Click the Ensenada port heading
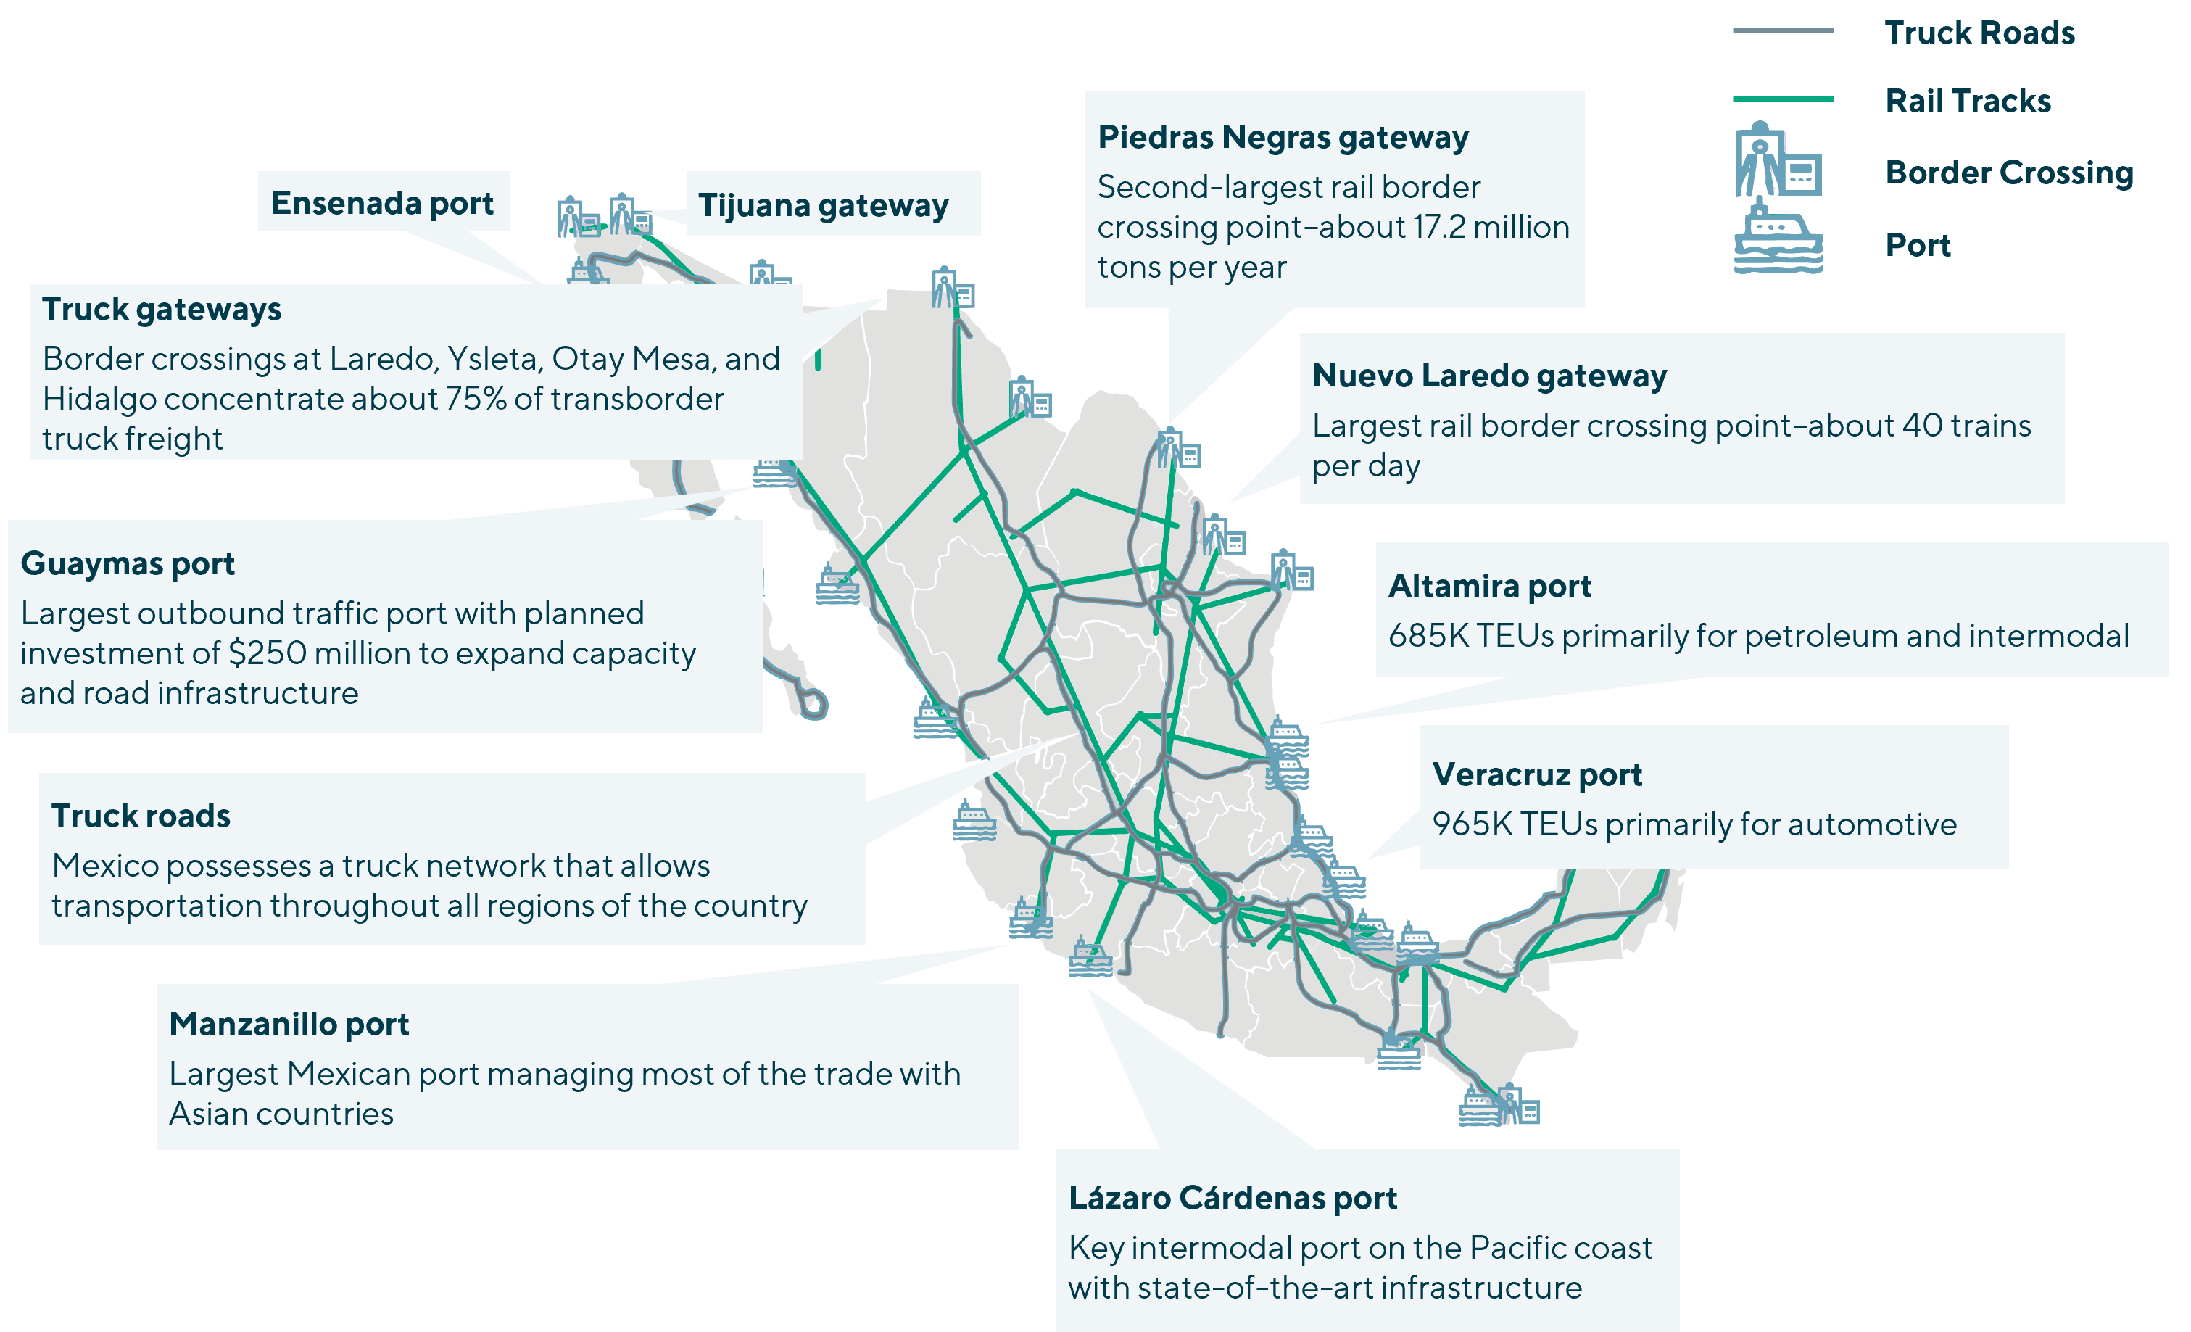(381, 203)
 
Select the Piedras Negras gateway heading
(1283, 138)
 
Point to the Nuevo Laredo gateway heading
(1489, 376)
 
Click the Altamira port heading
(1489, 587)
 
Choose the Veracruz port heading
(1536, 774)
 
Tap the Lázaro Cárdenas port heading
(1233, 1199)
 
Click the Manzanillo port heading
(289, 1025)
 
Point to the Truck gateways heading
(162, 310)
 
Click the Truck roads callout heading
(141, 816)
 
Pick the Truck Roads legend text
(1979, 33)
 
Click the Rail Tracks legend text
(1968, 102)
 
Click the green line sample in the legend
(1782, 99)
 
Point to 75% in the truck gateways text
(475, 400)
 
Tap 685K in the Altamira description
(1427, 637)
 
